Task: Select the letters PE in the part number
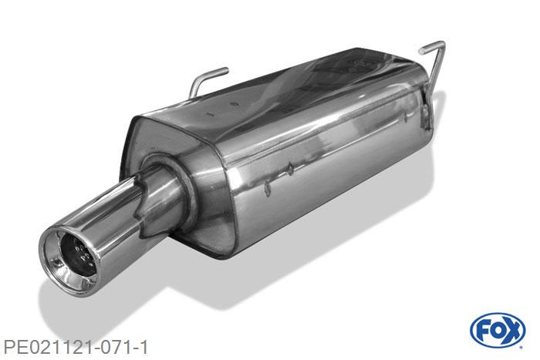tap(15, 345)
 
